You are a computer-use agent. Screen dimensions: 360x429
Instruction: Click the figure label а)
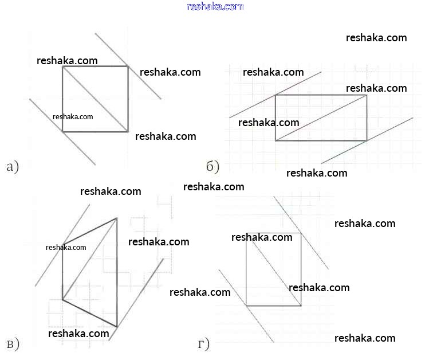12,167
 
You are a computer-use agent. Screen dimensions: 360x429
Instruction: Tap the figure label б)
212,167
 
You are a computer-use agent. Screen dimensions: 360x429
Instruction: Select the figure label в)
12,344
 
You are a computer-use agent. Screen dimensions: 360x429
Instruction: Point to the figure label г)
203,344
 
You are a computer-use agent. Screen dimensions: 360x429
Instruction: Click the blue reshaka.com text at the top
215,6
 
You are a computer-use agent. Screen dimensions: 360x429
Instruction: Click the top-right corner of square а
128,66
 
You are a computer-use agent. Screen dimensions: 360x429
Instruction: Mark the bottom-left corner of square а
62,132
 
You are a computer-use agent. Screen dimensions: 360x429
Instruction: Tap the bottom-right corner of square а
128,132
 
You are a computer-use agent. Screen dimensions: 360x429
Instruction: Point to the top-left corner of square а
62,66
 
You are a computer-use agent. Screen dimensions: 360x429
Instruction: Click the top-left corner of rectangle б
275,95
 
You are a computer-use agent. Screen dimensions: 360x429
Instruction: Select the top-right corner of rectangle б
367,95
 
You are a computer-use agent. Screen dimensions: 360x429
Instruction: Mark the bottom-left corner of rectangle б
275,140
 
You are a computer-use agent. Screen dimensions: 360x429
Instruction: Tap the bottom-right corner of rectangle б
367,140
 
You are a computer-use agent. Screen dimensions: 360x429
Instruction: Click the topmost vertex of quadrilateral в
117,218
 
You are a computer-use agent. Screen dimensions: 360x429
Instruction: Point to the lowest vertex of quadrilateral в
117,327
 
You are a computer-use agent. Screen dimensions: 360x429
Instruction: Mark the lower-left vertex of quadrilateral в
62,299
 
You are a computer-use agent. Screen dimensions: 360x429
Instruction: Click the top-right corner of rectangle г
301,233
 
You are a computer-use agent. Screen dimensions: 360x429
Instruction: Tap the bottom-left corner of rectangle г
246,306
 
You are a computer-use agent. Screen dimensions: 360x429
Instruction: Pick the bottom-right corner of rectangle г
301,306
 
